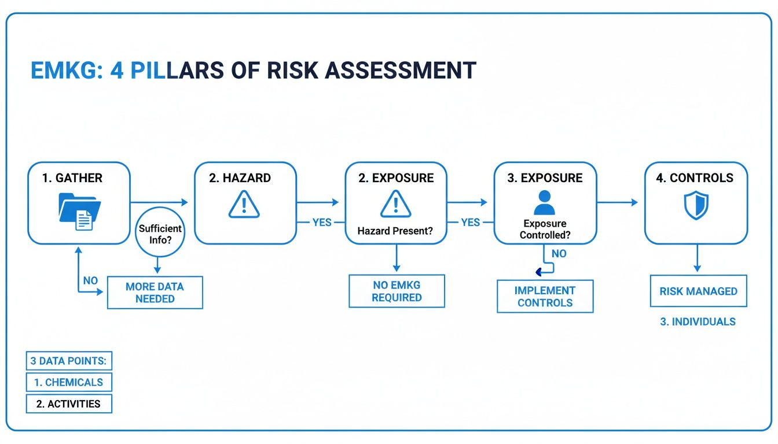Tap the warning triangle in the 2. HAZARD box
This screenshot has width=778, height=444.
point(245,205)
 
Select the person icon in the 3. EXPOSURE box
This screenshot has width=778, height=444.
point(544,203)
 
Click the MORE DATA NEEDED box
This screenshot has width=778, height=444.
point(155,293)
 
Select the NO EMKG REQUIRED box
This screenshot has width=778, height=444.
point(397,291)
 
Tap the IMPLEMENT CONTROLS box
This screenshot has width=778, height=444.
point(545,297)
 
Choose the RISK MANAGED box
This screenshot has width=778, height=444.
point(698,291)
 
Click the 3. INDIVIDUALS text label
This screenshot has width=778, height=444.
point(698,322)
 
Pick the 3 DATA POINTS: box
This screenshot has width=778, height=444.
point(68,361)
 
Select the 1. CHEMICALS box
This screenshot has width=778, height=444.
point(68,382)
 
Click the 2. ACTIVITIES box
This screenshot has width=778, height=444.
point(68,404)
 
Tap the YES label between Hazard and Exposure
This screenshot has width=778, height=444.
point(322,222)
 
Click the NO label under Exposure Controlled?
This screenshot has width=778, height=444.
point(559,254)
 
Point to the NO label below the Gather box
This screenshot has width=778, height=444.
point(90,280)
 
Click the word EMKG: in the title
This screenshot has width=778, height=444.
point(64,71)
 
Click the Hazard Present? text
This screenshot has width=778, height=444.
point(394,231)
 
